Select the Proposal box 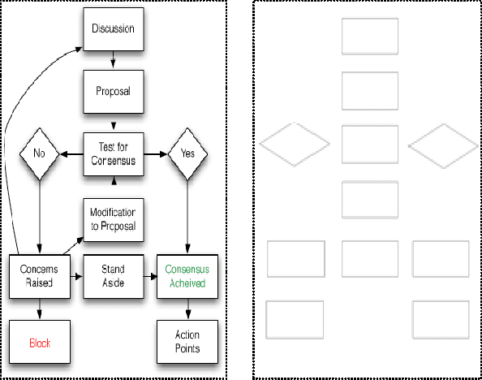click(x=113, y=92)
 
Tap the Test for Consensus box click(x=113, y=153)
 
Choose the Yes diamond click(x=188, y=152)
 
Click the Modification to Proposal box click(x=113, y=218)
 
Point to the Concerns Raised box click(x=37, y=275)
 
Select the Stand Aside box click(x=113, y=275)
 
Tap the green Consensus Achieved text click(x=187, y=275)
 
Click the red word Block click(x=40, y=343)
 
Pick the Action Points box click(x=187, y=343)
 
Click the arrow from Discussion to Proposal click(x=113, y=61)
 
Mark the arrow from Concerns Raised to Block click(x=37, y=308)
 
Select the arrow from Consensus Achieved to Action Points click(x=188, y=308)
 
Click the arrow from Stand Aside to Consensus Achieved click(x=151, y=276)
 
